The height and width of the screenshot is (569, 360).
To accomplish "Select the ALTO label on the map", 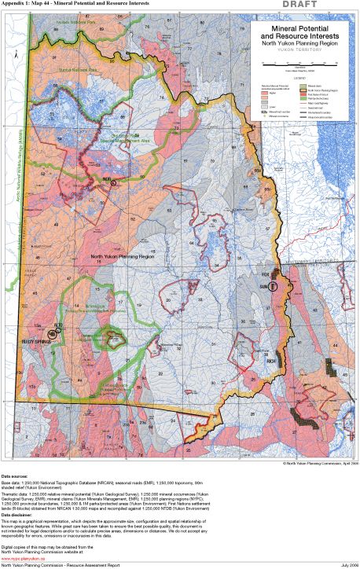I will tap(57, 325).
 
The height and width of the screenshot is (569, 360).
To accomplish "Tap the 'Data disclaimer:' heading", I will tap(20, 516).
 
